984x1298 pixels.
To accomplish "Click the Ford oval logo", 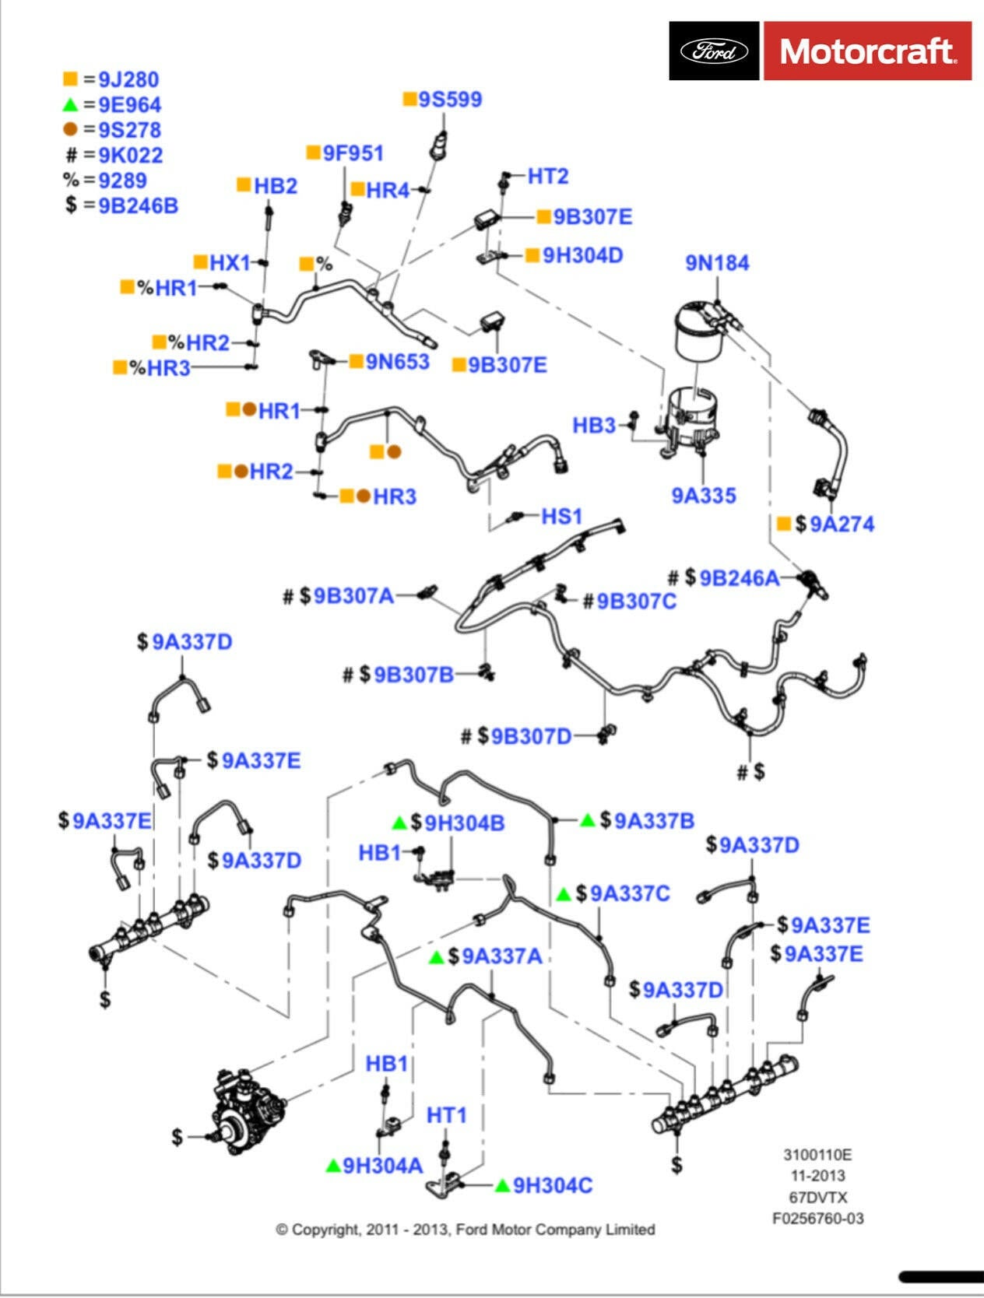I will tap(714, 51).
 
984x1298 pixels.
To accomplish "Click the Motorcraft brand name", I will tap(866, 51).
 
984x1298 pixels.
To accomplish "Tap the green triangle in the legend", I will tap(71, 104).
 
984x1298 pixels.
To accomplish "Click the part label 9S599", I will tap(450, 100).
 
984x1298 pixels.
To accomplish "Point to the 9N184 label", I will tap(717, 263).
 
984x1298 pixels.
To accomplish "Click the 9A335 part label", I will tap(704, 496).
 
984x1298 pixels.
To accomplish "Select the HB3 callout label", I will tap(594, 426).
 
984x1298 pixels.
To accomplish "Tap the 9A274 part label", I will tap(842, 524).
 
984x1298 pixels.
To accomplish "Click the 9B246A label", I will tap(739, 578).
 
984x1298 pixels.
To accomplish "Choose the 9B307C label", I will tap(636, 602).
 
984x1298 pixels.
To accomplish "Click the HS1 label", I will tap(561, 516).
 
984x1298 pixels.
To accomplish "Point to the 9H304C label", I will tap(553, 1185).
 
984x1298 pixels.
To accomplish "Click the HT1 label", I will tap(446, 1116).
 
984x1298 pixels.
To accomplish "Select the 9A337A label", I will tap(502, 956).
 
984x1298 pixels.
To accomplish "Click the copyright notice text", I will tap(466, 1230).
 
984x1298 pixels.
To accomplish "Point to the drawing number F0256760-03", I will tap(817, 1219).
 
